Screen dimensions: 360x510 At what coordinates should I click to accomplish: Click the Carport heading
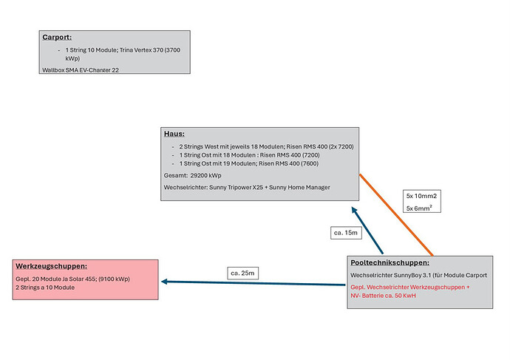tap(57, 37)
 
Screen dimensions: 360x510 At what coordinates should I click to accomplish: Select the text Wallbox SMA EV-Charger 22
tap(81, 69)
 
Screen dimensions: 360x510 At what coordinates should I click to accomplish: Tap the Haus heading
tap(174, 134)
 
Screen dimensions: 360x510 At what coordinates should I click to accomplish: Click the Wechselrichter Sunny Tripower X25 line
tap(247, 188)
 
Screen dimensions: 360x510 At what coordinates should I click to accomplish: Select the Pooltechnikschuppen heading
tap(390, 262)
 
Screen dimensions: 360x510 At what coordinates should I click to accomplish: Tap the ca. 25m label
tap(244, 274)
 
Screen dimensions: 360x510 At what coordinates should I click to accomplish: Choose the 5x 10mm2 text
tap(421, 196)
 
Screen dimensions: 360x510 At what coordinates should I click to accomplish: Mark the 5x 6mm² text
tap(420, 208)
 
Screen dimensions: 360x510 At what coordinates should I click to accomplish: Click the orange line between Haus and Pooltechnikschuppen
tap(399, 214)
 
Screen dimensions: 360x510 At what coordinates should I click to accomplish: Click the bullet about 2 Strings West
tap(266, 147)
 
